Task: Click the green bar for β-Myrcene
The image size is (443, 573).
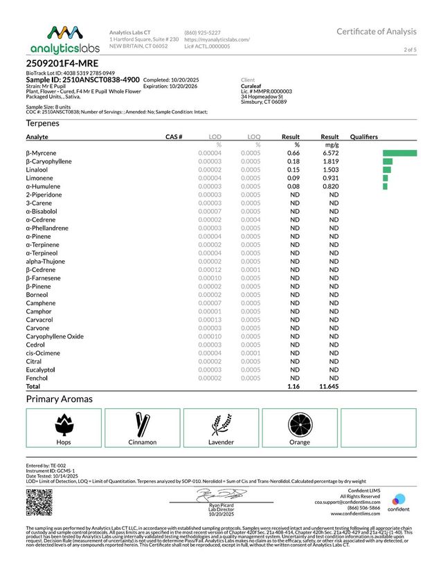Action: pos(399,153)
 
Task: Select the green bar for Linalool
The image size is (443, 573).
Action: pos(386,170)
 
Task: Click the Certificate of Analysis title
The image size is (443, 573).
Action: pos(377,32)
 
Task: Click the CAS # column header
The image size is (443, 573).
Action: pos(174,137)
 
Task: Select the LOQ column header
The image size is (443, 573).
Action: pos(253,137)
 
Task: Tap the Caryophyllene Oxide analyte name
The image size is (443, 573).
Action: pos(55,336)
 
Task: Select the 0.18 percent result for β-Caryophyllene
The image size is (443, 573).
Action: pos(293,161)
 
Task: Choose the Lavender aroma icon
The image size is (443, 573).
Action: pos(221,422)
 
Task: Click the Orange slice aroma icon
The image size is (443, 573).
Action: pos(300,422)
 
